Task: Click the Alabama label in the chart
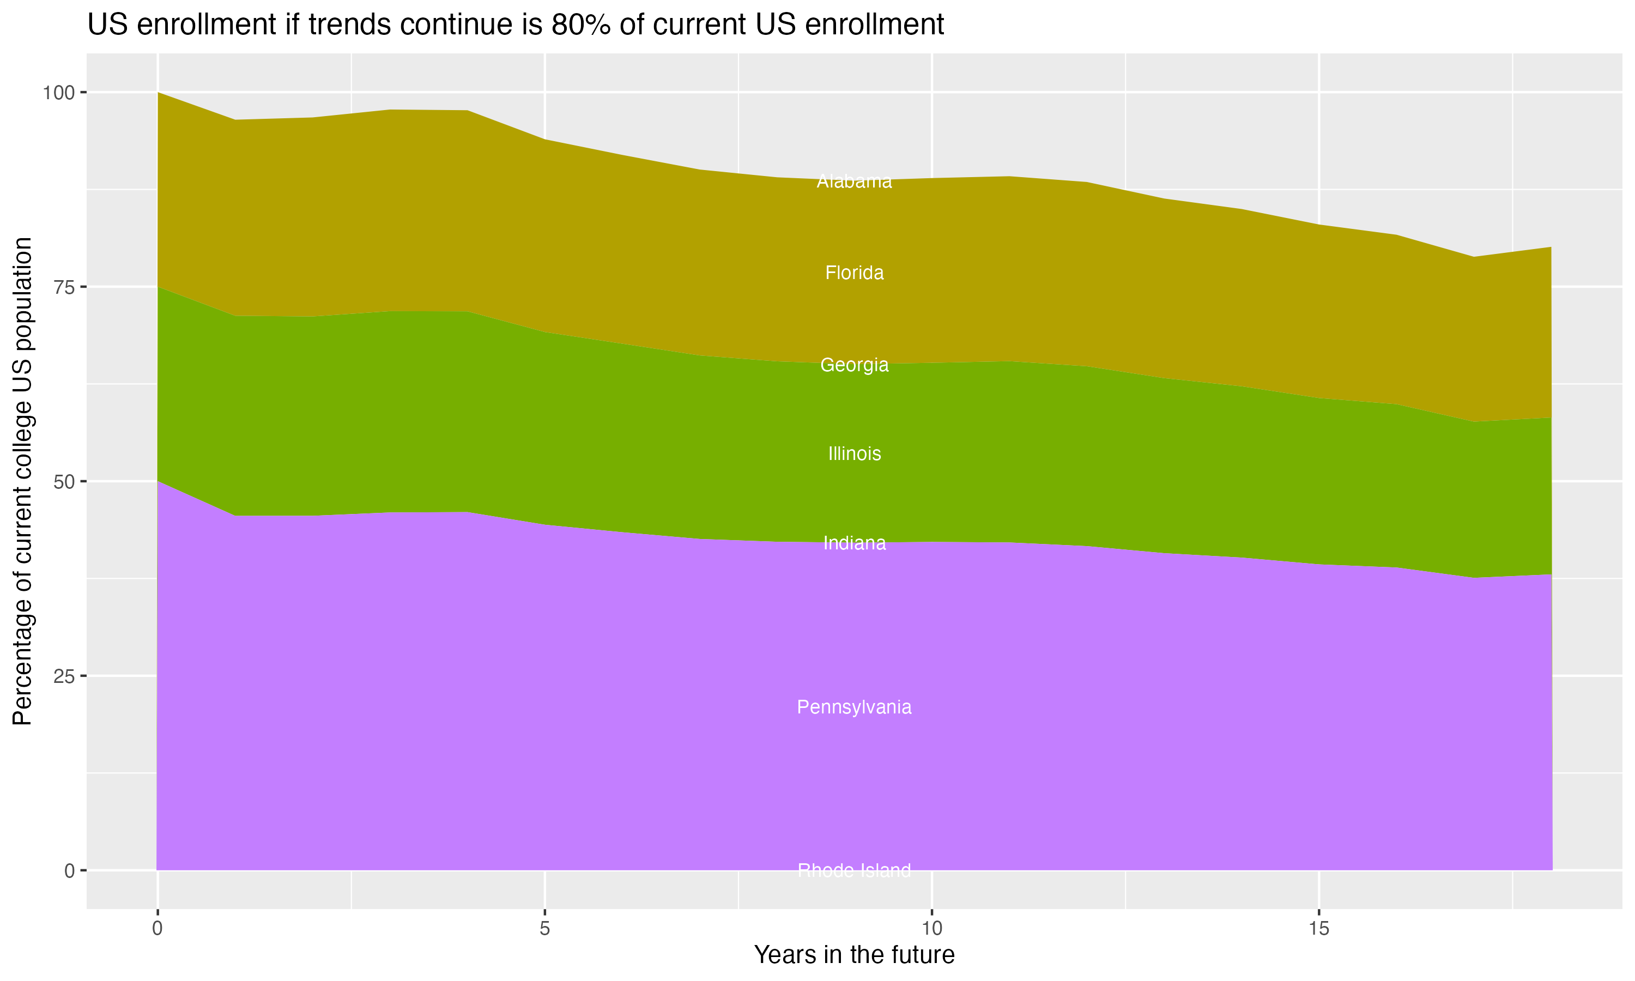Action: [854, 181]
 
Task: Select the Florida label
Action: [854, 273]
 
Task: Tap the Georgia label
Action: [854, 365]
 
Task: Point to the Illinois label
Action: [854, 453]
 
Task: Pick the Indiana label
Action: [854, 543]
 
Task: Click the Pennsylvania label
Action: [854, 707]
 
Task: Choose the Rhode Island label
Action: [854, 870]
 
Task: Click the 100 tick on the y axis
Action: [58, 93]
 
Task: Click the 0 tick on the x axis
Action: [158, 929]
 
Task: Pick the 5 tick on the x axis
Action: [544, 929]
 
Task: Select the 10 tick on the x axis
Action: [931, 929]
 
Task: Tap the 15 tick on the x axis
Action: [1318, 929]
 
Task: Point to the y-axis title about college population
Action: [22, 481]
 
